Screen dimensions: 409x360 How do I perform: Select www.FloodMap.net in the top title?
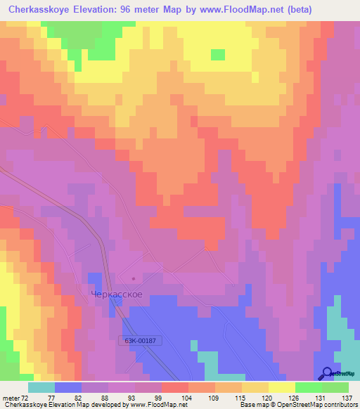click(239, 9)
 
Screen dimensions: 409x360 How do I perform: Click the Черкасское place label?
click(117, 294)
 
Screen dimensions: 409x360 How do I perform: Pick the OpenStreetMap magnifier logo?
click(328, 373)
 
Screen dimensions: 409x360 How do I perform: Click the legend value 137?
click(348, 397)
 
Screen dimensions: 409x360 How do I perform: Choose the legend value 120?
click(268, 397)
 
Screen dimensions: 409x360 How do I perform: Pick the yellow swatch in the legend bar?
click(282, 387)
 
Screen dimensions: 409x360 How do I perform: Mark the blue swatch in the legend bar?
click(68, 387)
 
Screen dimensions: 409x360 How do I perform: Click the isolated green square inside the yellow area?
click(218, 55)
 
